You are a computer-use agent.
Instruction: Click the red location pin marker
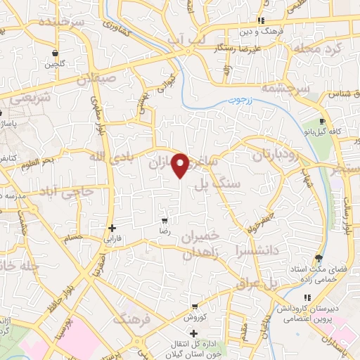181,164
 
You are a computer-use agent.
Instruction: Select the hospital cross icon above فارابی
112,228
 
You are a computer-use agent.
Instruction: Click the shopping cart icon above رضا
165,220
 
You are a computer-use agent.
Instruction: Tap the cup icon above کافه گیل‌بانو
322,121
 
